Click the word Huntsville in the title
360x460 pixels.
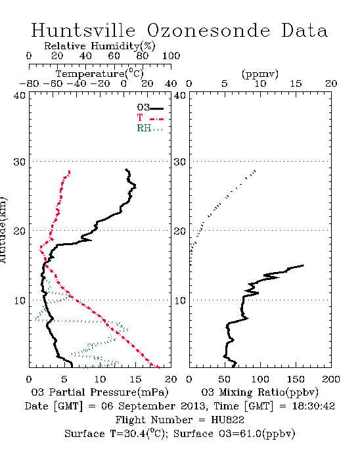pyautogui.click(x=83, y=30)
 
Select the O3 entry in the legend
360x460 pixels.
pyautogui.click(x=150, y=108)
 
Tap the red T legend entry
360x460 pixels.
pyautogui.click(x=150, y=118)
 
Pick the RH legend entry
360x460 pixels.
pyautogui.click(x=150, y=128)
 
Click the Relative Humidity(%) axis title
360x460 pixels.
pyautogui.click(x=100, y=46)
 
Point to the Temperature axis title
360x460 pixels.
pyautogui.click(x=100, y=74)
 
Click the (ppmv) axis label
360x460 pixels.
pyautogui.click(x=259, y=74)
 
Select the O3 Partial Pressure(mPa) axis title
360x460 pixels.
pyautogui.click(x=100, y=392)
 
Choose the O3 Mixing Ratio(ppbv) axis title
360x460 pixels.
pyautogui.click(x=259, y=392)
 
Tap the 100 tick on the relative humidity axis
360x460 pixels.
pyautogui.click(x=171, y=56)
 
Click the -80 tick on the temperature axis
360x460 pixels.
pyautogui.click(x=29, y=84)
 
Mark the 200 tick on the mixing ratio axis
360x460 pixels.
pyautogui.click(x=331, y=379)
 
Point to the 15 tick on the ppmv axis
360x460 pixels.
pyautogui.click(x=296, y=84)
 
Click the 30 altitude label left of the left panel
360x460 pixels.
pyautogui.click(x=19, y=162)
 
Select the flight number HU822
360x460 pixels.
pyautogui.click(x=227, y=420)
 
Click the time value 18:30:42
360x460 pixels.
pyautogui.click(x=313, y=406)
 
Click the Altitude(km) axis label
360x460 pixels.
pyautogui.click(x=3, y=231)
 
